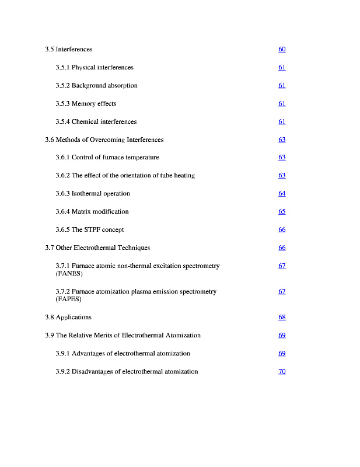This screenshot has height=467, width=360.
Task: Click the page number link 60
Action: pyautogui.click(x=282, y=50)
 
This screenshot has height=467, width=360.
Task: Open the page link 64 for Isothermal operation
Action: pyautogui.click(x=282, y=194)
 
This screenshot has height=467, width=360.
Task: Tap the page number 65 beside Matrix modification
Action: pyautogui.click(x=282, y=212)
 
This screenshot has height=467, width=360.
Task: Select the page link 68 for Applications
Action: pyautogui.click(x=282, y=318)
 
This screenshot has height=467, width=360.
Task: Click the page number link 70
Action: pyautogui.click(x=282, y=372)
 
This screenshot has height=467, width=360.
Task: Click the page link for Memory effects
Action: pyautogui.click(x=282, y=104)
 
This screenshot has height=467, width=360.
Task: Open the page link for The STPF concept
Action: pyautogui.click(x=282, y=230)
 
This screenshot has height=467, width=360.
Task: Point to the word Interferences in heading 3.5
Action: pyautogui.click(x=74, y=50)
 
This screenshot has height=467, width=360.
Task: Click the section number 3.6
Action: pyautogui.click(x=50, y=140)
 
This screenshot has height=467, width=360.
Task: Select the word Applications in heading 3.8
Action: pyautogui.click(x=74, y=318)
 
